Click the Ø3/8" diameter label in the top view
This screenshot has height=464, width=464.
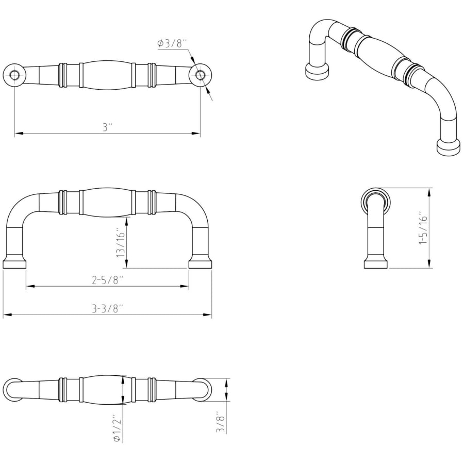click(x=172, y=44)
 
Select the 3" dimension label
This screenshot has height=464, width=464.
click(x=108, y=127)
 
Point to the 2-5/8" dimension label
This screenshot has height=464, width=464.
click(x=107, y=280)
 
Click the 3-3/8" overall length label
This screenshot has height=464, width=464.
click(x=107, y=309)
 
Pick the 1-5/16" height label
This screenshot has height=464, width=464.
click(x=423, y=227)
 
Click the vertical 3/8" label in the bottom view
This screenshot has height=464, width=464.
click(x=221, y=422)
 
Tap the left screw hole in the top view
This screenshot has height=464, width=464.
click(x=14, y=75)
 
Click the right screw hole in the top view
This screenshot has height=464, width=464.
click(x=201, y=75)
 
